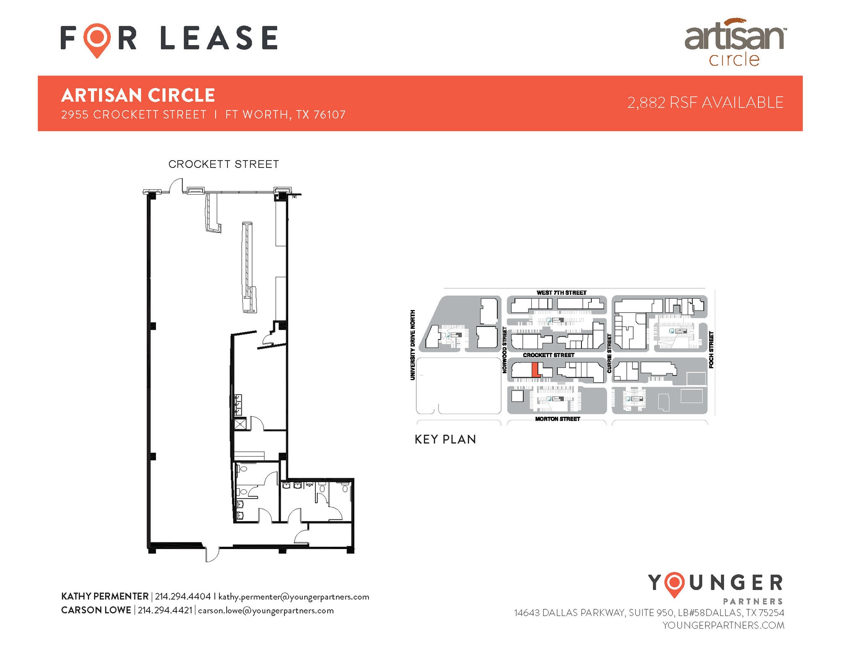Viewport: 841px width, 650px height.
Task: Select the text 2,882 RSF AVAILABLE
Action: [x=705, y=103]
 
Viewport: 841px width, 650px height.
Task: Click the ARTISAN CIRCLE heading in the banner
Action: [x=138, y=95]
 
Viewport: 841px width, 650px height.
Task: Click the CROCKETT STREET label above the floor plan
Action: [x=223, y=164]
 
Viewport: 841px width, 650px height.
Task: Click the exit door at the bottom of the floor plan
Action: [x=212, y=555]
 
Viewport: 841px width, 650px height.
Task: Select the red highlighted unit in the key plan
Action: [x=535, y=370]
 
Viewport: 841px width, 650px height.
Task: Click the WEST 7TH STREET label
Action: [x=561, y=293]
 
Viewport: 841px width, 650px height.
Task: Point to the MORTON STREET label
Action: [x=557, y=419]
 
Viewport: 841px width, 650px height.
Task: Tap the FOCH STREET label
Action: [x=711, y=349]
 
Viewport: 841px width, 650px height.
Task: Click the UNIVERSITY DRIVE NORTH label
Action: [x=413, y=345]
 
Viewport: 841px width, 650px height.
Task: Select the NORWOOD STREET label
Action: [x=505, y=350]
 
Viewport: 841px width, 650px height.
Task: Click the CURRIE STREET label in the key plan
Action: [x=609, y=354]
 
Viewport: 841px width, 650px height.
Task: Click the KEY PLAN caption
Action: [x=445, y=439]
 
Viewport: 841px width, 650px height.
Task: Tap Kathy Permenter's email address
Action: [x=294, y=597]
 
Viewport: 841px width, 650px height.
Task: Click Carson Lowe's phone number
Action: [x=165, y=610]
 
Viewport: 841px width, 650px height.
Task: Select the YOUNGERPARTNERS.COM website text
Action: [x=723, y=625]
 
